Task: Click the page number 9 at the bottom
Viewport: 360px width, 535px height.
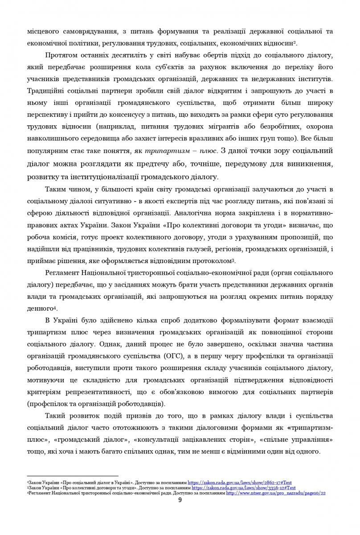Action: pos(180,500)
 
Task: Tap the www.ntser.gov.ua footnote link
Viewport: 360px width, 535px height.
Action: pos(276,493)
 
